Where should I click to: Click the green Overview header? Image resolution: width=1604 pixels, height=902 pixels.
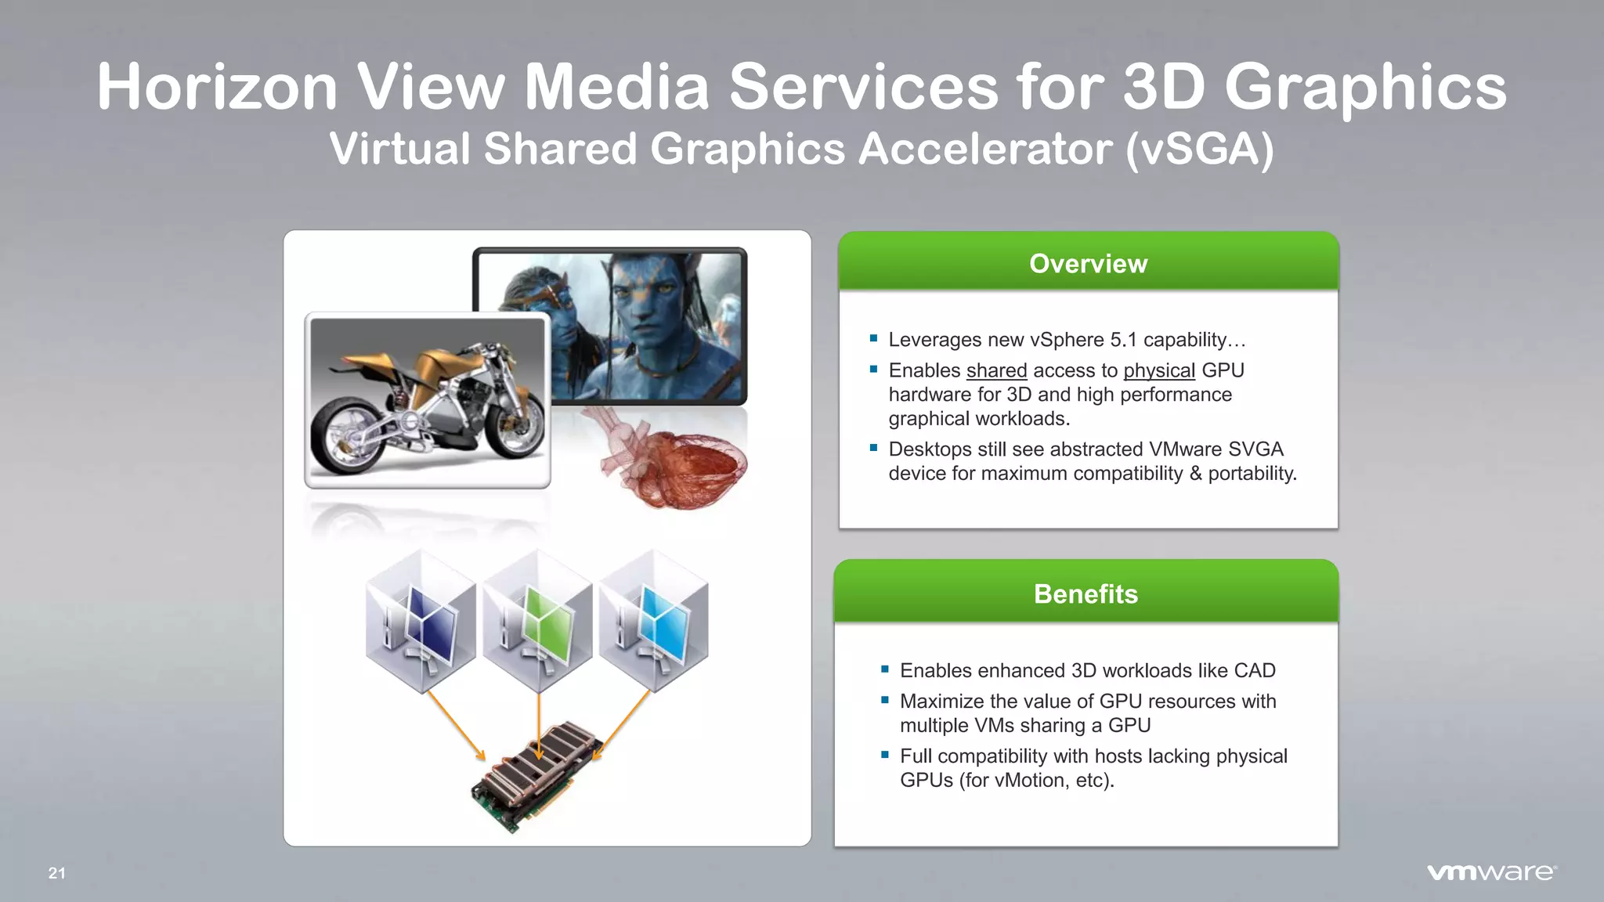click(x=1088, y=263)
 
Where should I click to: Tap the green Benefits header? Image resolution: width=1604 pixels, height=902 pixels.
click(x=1086, y=594)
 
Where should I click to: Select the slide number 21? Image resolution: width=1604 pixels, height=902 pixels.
click(x=57, y=873)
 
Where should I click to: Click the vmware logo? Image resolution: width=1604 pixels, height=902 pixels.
click(x=1491, y=872)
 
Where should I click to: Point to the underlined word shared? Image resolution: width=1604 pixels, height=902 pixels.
click(x=996, y=370)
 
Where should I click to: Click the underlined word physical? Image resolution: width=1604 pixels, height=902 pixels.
click(x=1159, y=370)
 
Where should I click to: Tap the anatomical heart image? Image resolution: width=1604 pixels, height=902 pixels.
click(x=672, y=462)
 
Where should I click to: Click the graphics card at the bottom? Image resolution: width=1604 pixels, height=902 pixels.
click(x=537, y=775)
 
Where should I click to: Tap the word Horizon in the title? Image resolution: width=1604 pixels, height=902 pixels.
click(x=217, y=87)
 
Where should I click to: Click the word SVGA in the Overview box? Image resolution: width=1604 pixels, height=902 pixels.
click(x=1255, y=449)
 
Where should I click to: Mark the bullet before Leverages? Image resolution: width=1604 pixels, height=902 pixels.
click(x=873, y=339)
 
